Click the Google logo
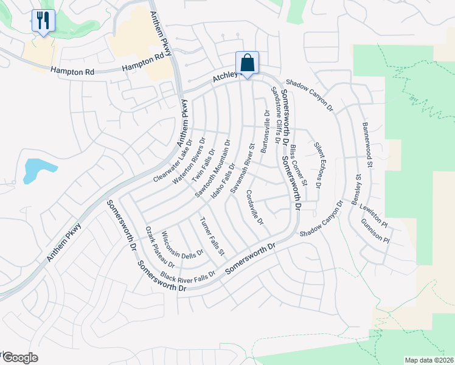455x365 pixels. tap(20, 358)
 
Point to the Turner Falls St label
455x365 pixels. tap(213, 235)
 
